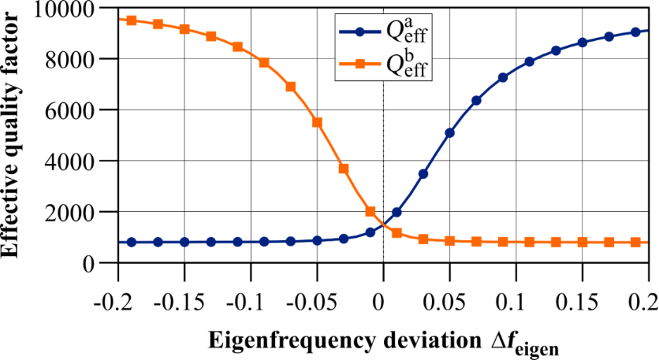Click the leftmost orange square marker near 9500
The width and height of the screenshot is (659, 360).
pyautogui.click(x=132, y=20)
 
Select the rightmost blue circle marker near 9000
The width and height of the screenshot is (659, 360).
pyautogui.click(x=635, y=32)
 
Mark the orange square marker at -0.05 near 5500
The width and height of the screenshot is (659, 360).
pyautogui.click(x=318, y=122)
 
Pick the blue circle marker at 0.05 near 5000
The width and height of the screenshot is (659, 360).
pyautogui.click(x=449, y=133)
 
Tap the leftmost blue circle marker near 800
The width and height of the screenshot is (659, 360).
pyautogui.click(x=132, y=242)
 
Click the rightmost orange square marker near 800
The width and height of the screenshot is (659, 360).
pyautogui.click(x=635, y=242)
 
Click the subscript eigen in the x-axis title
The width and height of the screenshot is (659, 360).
pyautogui.click(x=537, y=347)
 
